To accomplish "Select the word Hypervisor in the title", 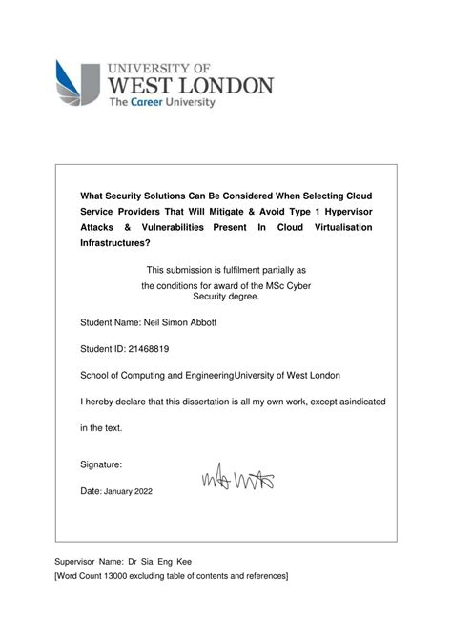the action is pyautogui.click(x=342, y=213).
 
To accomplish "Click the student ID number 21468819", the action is pyautogui.click(x=154, y=349).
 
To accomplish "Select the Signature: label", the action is pyautogui.click(x=101, y=464).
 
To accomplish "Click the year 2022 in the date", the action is pyautogui.click(x=139, y=491).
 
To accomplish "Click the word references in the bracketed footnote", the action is pyautogui.click(x=266, y=576).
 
